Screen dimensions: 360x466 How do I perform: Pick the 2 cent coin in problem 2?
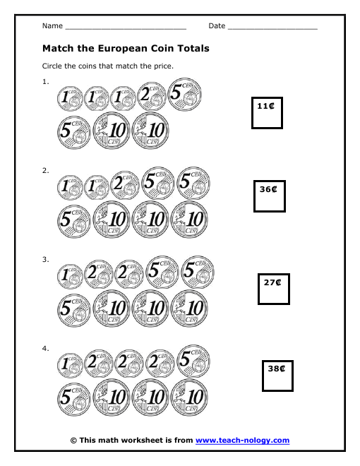coord(125,185)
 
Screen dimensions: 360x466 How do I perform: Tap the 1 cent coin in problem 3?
coord(70,277)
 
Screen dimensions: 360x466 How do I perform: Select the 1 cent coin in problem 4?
coord(70,366)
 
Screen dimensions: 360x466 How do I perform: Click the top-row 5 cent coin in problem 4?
coord(193,362)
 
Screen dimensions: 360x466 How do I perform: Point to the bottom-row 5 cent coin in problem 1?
coord(73,132)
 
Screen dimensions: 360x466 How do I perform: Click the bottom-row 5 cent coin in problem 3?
coord(73,310)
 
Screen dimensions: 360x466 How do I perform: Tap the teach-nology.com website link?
coord(242,440)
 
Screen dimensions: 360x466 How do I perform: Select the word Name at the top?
coord(52,26)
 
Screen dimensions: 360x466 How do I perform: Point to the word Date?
coord(217,26)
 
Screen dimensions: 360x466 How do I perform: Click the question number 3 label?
coord(45,259)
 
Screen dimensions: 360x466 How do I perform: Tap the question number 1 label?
coord(45,82)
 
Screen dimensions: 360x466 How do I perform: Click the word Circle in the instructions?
coord(52,66)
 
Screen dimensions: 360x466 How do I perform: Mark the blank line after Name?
coord(126,29)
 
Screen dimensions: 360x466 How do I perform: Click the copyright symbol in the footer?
coord(73,441)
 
